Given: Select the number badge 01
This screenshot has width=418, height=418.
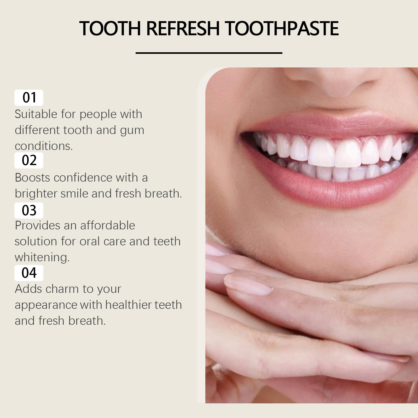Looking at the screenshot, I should pos(29,97).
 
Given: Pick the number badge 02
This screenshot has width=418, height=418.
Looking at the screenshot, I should pos(29,160).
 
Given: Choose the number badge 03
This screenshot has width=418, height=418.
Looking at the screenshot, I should pos(29,210).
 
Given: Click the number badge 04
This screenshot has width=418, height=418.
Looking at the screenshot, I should pos(29,273).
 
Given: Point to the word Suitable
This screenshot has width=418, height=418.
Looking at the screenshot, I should pos(36,114).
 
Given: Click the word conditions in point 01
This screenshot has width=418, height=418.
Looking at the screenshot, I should pos(43,146).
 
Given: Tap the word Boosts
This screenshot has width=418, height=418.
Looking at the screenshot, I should pos(32,178).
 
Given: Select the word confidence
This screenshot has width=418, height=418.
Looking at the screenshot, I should pos(83,178).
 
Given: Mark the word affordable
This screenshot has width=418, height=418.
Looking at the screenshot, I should pos(108,225).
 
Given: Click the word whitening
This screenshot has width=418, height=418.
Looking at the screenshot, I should pos(42,257).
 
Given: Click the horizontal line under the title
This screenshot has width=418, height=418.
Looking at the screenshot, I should pos(209,53).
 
